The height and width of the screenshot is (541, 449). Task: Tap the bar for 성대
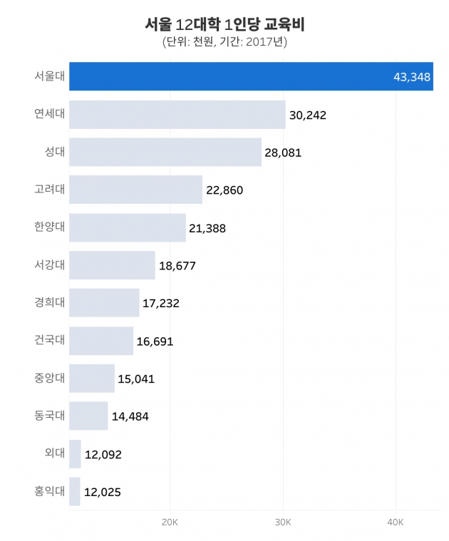(x=165, y=152)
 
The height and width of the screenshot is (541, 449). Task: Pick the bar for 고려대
(x=135, y=190)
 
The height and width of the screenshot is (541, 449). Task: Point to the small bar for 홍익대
(x=75, y=491)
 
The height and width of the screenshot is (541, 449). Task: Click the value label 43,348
(x=411, y=77)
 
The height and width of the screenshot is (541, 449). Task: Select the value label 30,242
(x=308, y=115)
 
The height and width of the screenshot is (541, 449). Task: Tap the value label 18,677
(x=177, y=266)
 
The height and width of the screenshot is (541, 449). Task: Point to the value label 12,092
(x=103, y=454)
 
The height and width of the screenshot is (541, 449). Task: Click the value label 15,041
(x=136, y=378)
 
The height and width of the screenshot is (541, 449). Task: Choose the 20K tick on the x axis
(x=170, y=522)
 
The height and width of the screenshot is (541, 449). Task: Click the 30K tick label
(x=283, y=522)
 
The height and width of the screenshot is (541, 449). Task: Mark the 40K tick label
(x=396, y=522)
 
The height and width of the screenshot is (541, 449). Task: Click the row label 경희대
(x=49, y=302)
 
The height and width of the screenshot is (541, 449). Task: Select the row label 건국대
(x=49, y=340)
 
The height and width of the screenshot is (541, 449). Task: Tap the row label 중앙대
(x=49, y=378)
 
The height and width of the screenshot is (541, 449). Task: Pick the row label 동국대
(x=49, y=416)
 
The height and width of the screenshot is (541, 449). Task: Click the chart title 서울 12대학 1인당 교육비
(x=224, y=24)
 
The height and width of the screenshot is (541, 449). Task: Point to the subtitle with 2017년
(x=224, y=42)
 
